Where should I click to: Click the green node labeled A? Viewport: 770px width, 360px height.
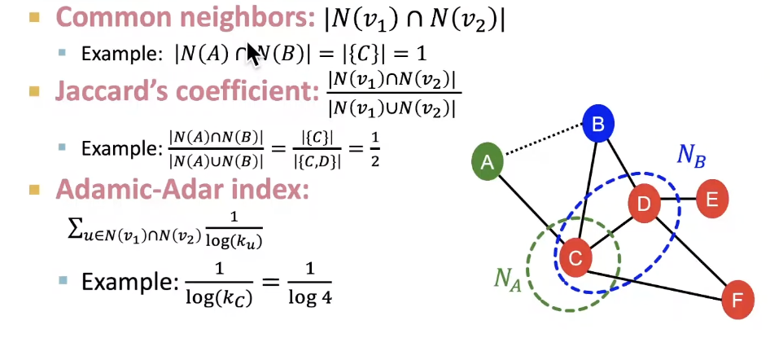[488, 163]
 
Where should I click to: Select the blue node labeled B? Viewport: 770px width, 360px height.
[598, 125]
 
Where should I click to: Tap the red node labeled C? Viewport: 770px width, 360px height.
[575, 258]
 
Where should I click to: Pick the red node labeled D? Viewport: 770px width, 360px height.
[644, 203]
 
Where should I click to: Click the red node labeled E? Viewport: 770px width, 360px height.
[712, 198]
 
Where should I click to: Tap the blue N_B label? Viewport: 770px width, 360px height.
[692, 156]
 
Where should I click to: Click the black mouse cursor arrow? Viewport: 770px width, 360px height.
[253, 54]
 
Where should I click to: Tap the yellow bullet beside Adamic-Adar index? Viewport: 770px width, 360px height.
[35, 190]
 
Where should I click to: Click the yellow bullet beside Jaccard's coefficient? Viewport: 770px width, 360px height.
[35, 91]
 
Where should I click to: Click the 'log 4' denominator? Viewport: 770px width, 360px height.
[309, 297]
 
